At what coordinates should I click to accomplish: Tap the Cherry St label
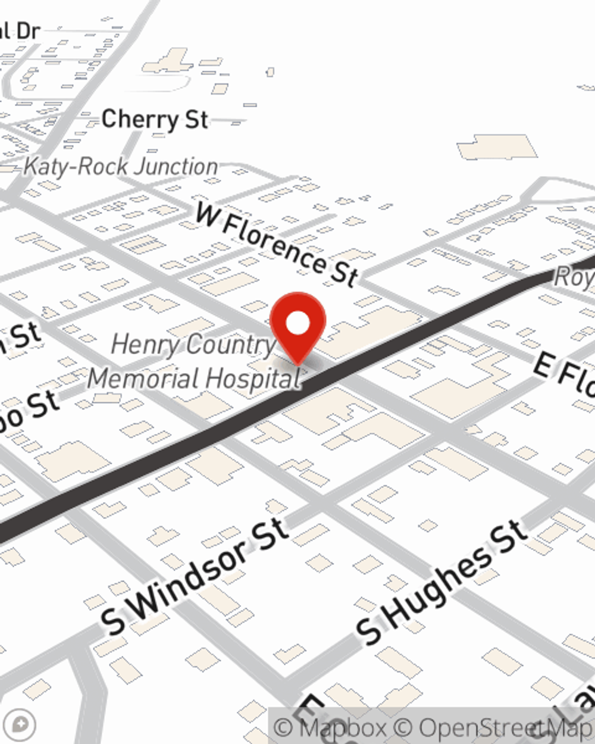[x=155, y=120]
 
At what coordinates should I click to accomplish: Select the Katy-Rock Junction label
[x=121, y=167]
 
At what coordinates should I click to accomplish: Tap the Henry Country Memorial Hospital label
[x=193, y=361]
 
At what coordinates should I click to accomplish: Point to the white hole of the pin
[x=298, y=323]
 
